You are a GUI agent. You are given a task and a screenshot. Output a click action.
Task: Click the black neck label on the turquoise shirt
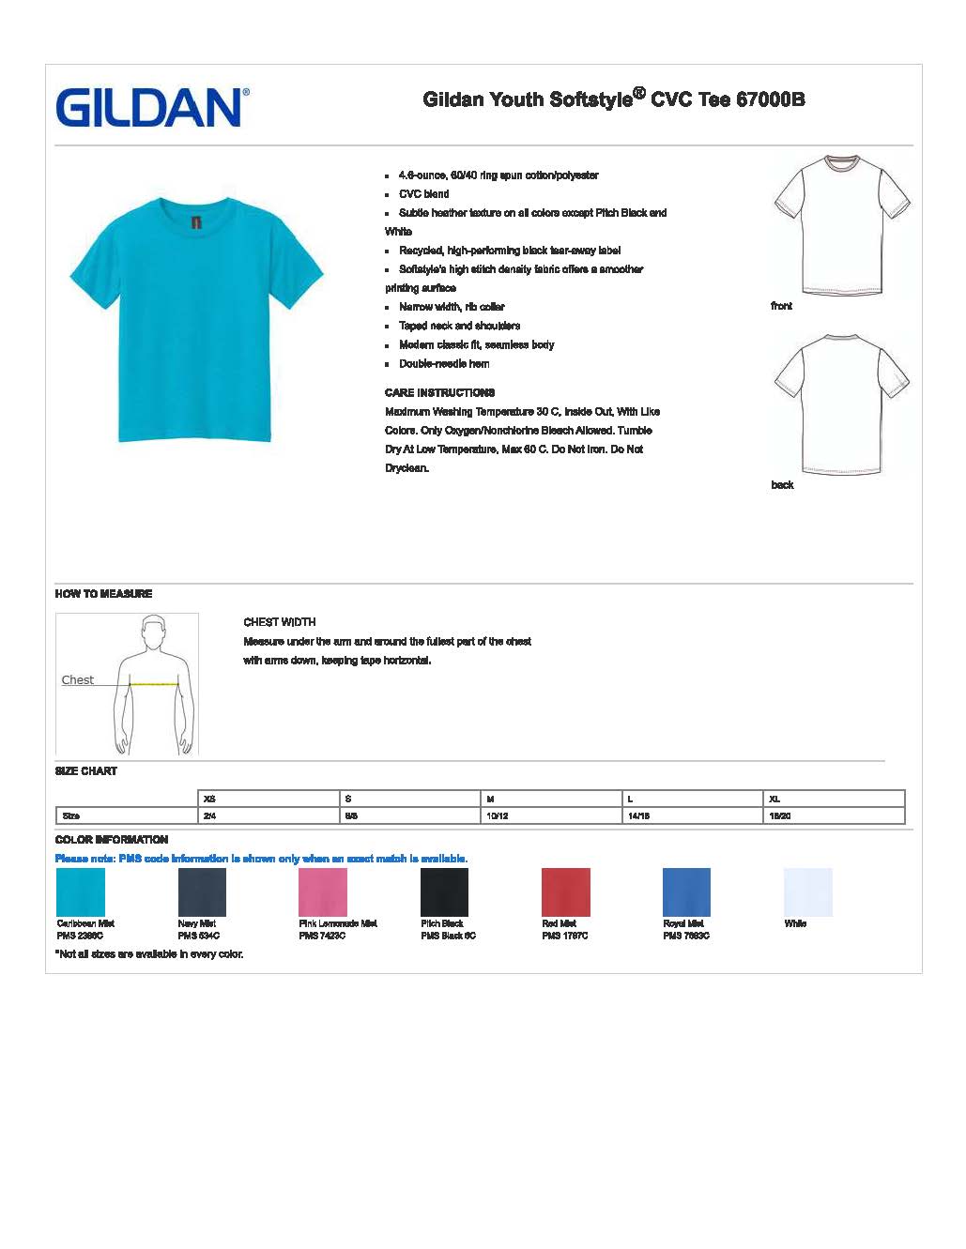coord(196,223)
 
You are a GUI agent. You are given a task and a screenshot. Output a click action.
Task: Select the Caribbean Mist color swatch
coord(81,891)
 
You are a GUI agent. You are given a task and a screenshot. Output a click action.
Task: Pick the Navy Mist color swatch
coord(202,891)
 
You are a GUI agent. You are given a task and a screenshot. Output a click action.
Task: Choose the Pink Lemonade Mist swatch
coord(323,891)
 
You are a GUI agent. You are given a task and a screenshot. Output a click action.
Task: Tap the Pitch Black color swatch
coord(444,891)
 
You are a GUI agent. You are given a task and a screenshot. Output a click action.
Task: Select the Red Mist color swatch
coord(565,891)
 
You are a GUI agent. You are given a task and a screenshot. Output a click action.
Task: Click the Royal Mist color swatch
coord(686,891)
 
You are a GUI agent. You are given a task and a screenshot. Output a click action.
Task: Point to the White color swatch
coord(807,891)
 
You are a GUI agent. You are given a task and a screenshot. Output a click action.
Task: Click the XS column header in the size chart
coord(209,799)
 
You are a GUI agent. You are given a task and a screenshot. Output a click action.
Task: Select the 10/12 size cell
coord(498,815)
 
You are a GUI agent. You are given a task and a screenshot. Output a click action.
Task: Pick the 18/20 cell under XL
coord(779,815)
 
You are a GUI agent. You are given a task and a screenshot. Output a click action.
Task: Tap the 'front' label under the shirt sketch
coord(781,306)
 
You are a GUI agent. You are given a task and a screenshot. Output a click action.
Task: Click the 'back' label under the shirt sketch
coord(782,485)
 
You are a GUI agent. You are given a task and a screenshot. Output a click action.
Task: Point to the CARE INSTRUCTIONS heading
coord(439,392)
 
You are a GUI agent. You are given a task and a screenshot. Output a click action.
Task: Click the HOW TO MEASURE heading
coord(103,594)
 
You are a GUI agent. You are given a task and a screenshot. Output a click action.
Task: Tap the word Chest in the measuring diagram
coord(78,680)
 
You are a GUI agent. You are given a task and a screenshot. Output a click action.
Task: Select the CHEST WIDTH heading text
coord(280,622)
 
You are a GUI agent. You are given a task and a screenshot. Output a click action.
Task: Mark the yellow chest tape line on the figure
coord(154,684)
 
